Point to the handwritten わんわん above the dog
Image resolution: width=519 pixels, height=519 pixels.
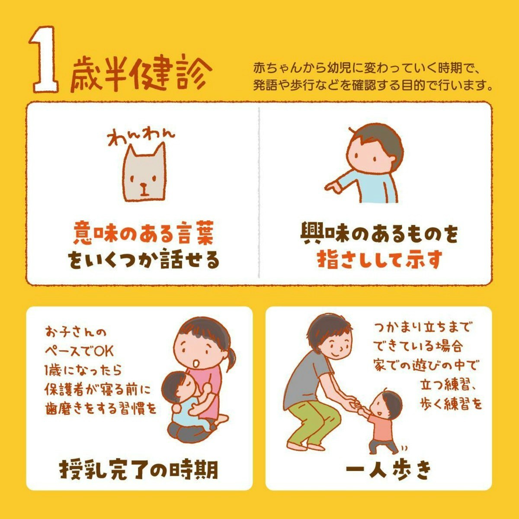(141, 137)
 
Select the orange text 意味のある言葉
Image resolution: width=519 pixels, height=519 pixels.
(144, 233)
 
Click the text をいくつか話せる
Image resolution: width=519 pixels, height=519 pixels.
(143, 260)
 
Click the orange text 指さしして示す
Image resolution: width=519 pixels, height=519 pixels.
(380, 259)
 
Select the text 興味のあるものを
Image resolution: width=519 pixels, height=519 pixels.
(379, 233)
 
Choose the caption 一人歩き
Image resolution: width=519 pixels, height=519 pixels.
(389, 470)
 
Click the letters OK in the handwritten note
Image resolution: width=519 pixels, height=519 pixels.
(103, 351)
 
